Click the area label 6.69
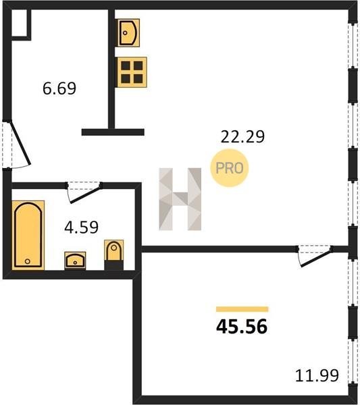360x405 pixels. pyautogui.click(x=59, y=88)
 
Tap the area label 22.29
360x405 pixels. pyautogui.click(x=242, y=136)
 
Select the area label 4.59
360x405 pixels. pyautogui.click(x=81, y=227)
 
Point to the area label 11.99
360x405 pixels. pyautogui.click(x=317, y=375)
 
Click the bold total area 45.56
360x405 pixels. pyautogui.click(x=242, y=327)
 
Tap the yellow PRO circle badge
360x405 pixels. pyautogui.click(x=229, y=168)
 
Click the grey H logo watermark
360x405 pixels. pyautogui.click(x=180, y=199)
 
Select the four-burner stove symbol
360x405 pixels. pyautogui.click(x=131, y=72)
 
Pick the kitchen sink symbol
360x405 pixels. pyautogui.click(x=128, y=32)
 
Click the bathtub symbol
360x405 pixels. pyautogui.click(x=28, y=235)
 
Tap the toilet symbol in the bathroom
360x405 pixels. pyautogui.click(x=113, y=254)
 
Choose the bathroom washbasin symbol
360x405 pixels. pyautogui.click(x=75, y=261)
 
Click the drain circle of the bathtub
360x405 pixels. pyautogui.click(x=28, y=261)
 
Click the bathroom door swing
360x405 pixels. pyautogui.click(x=84, y=192)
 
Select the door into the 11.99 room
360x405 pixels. pyautogui.click(x=315, y=256)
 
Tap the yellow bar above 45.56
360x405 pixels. pyautogui.click(x=242, y=309)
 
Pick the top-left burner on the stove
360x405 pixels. pyautogui.click(x=126, y=65)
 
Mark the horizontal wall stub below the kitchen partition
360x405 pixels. pyautogui.click(x=113, y=132)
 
